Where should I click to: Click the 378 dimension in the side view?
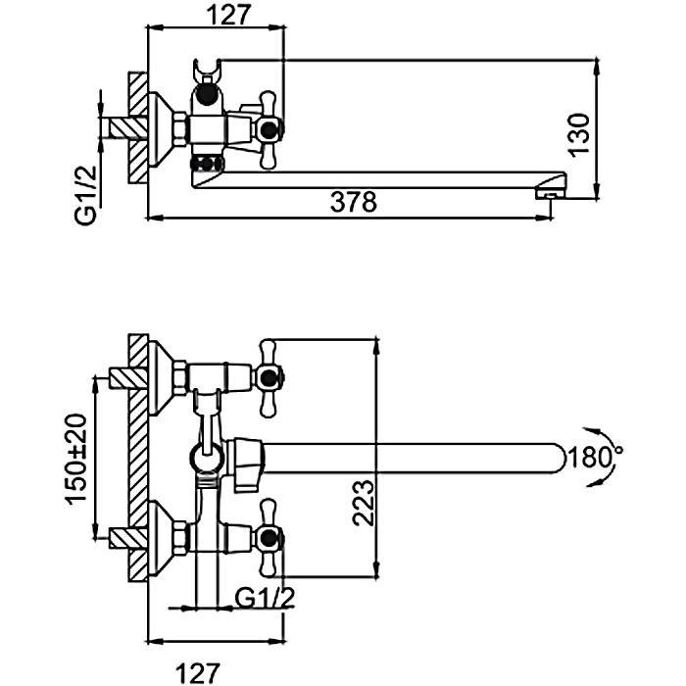point(354,204)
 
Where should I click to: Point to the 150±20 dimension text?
point(76,459)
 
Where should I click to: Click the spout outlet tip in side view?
point(551,193)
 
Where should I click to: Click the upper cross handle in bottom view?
point(269,374)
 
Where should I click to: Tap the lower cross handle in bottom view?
point(269,534)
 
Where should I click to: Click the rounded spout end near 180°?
point(558,458)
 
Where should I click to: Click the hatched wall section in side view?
point(137,127)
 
